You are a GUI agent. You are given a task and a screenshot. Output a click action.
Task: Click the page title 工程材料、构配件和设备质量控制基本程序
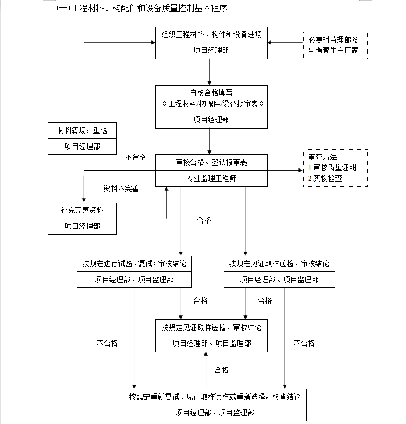149,9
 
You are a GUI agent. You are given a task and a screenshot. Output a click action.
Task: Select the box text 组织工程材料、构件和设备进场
211,34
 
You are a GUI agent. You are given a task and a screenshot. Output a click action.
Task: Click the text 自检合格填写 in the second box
211,93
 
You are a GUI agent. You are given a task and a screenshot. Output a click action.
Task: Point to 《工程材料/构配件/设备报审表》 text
213,104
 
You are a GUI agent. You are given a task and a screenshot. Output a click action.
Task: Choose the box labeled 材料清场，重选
82,130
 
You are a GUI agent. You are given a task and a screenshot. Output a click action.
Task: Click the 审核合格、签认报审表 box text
211,162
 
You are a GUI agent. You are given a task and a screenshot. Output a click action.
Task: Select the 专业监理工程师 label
211,178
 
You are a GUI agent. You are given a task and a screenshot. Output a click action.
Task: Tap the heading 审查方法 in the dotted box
322,157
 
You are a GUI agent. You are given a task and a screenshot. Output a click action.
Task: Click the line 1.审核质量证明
332,168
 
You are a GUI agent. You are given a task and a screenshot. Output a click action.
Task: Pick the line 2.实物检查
325,179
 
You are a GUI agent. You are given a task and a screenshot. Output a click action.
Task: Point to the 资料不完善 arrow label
121,188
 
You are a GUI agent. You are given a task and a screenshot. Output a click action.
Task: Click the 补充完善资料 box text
82,210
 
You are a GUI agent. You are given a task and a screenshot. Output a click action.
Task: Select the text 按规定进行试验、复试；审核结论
134,264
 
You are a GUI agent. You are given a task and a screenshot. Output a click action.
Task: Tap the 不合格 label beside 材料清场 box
136,157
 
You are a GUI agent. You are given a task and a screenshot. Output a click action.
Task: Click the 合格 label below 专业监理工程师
204,220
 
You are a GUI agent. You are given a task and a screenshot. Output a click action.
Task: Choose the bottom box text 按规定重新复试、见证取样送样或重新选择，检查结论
215,397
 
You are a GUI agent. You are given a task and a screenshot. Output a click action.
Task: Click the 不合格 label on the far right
304,343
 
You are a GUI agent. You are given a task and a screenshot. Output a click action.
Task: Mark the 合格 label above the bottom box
222,370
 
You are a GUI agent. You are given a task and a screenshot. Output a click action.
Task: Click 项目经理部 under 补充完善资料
82,226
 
